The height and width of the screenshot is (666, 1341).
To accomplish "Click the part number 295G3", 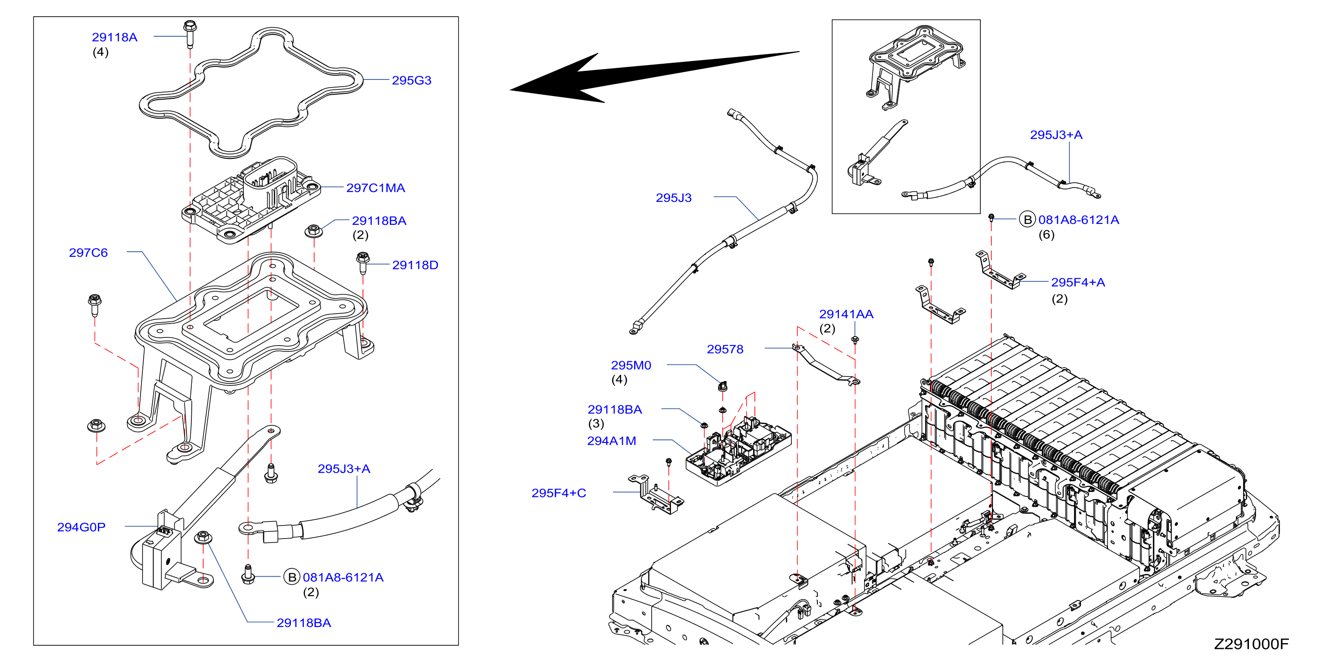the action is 411,80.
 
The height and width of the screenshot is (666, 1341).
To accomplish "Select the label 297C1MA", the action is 375,188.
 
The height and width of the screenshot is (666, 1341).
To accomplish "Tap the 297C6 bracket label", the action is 88,252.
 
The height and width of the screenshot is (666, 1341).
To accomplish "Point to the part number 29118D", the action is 415,265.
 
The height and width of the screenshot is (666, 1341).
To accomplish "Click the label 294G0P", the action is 81,527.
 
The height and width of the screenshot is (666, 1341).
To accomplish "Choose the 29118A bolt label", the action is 115,37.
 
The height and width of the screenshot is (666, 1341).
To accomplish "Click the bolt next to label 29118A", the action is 190,33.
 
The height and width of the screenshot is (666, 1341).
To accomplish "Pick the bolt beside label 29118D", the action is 363,263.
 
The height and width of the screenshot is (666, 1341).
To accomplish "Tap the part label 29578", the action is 725,349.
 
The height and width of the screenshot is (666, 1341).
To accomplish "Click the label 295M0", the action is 631,365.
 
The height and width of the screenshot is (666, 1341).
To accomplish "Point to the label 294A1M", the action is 612,441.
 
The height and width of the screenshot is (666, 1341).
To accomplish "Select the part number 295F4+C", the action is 559,493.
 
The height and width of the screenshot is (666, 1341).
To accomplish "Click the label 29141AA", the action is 846,314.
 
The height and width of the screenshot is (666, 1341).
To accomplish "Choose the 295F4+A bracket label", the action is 1077,282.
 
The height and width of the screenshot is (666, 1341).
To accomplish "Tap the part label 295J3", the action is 674,198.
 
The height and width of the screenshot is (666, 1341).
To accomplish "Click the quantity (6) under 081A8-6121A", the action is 1046,235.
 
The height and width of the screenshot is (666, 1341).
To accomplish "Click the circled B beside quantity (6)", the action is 1027,219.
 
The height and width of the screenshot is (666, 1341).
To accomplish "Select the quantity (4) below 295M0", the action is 619,379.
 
